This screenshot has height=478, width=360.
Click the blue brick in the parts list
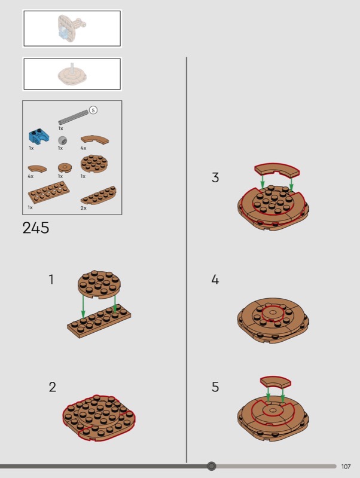tap(37, 137)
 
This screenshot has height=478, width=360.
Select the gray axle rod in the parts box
tap(74, 117)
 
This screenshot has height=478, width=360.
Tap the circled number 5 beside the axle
tap(93, 110)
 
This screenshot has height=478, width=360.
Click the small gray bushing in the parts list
tap(63, 140)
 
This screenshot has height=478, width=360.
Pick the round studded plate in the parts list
tap(94, 163)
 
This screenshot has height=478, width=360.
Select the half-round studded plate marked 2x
tap(99, 195)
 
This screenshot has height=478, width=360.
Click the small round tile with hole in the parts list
tap(65, 167)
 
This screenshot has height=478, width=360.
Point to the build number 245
tap(36, 228)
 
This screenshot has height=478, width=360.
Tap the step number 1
tap(51, 279)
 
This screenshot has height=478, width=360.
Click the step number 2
tap(53, 387)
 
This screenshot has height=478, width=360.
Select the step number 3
tap(215, 177)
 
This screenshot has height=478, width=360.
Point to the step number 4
tap(215, 279)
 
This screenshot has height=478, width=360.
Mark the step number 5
tap(215, 387)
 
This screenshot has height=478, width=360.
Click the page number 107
tap(346, 467)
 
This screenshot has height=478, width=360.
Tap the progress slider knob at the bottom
tap(212, 466)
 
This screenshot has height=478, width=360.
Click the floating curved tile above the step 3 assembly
tap(277, 170)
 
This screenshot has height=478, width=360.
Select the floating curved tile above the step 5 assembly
tap(276, 382)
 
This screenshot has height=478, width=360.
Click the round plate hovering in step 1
tap(99, 284)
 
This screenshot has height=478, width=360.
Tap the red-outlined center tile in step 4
tap(273, 314)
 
